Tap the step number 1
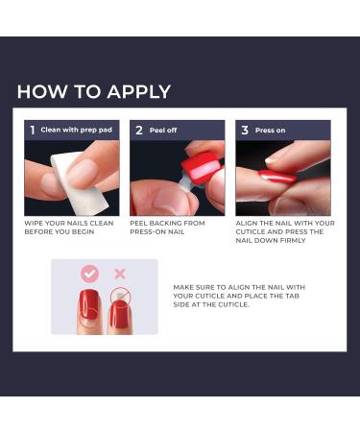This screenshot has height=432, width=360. point(33,130)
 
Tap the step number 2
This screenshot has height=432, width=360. point(138,130)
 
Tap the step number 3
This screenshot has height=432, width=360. point(244,130)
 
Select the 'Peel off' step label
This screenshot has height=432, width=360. point(164,130)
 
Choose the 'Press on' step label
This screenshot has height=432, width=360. point(271,130)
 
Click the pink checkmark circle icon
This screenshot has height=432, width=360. point(89,274)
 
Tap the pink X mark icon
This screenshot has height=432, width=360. point(120,274)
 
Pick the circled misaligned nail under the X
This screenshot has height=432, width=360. point(119,312)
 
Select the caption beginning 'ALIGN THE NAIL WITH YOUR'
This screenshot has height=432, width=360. point(285,224)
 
